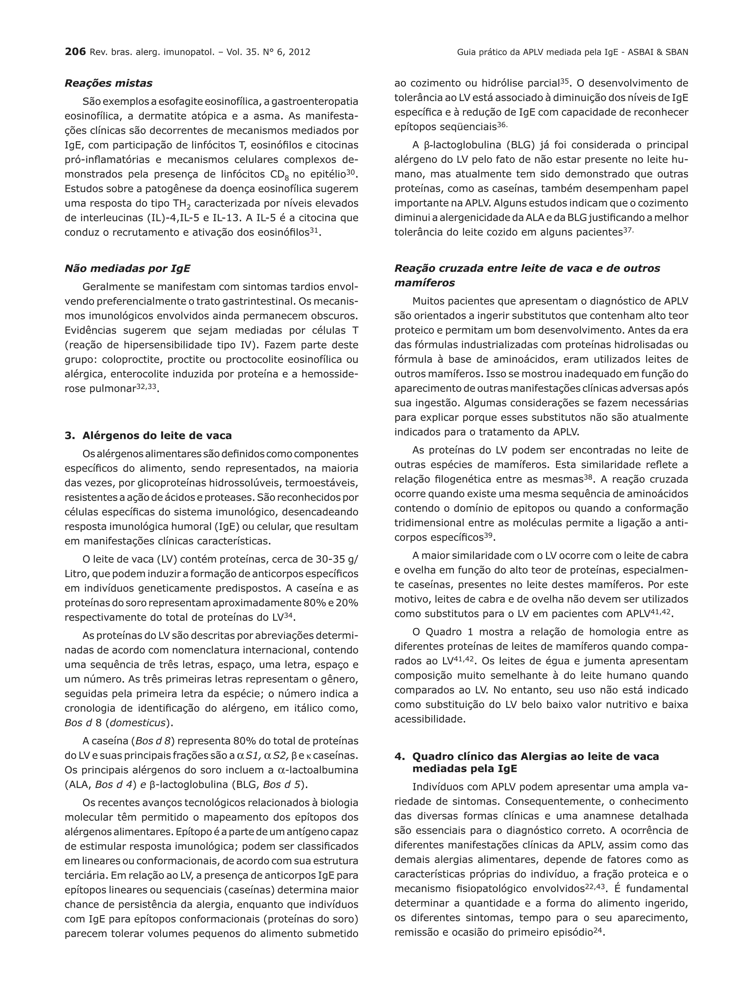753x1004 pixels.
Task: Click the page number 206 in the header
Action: (75, 52)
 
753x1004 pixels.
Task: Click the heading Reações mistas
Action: (108, 83)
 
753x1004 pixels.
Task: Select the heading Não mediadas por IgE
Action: (127, 268)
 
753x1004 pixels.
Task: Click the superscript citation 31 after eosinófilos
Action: (313, 230)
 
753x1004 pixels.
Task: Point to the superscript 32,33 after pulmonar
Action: (146, 387)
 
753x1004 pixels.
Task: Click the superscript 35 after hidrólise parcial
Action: (564, 81)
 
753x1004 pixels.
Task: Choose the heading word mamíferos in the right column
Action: (424, 283)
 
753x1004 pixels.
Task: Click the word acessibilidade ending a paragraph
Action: (429, 719)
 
